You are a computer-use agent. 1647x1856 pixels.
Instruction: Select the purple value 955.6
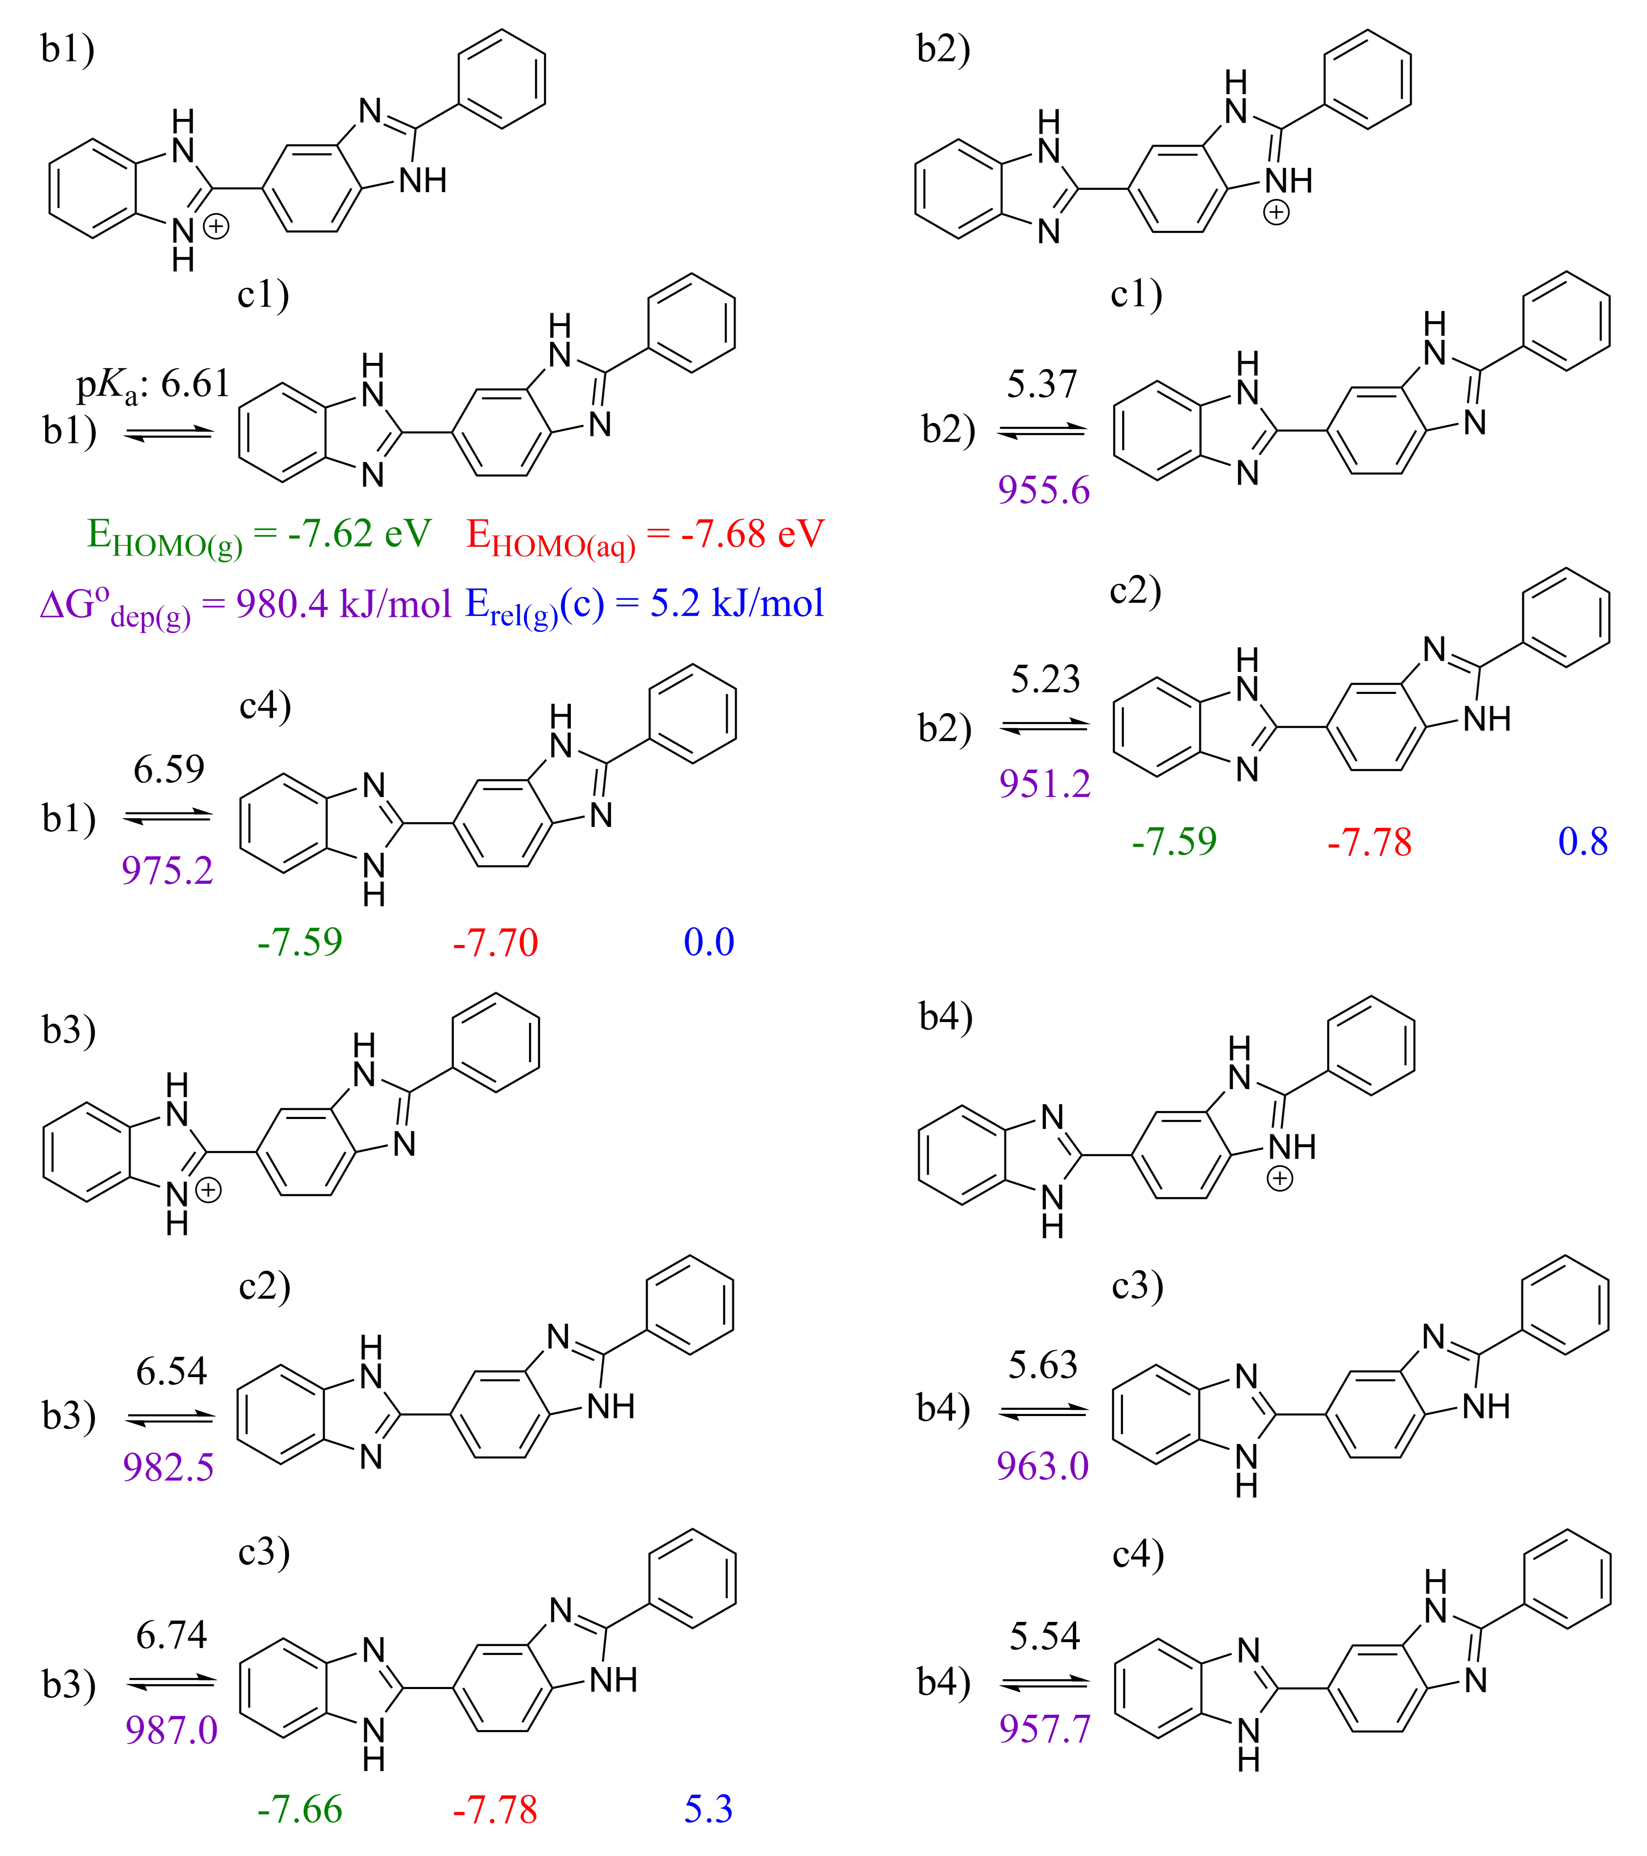click(1043, 491)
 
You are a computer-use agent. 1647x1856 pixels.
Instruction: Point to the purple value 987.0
click(171, 1730)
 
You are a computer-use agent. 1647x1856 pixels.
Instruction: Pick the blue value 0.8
click(1582, 842)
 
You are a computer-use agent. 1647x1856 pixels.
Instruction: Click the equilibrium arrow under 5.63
click(1043, 1412)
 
